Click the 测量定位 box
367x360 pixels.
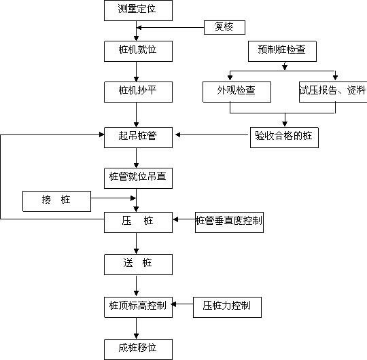138,10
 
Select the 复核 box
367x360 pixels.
224,27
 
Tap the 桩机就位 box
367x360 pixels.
138,51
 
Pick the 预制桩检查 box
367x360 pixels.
282,51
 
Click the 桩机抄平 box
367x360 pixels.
138,92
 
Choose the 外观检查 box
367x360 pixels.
237,92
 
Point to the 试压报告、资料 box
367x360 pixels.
333,92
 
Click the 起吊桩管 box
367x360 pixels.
138,137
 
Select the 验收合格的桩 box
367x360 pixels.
284,137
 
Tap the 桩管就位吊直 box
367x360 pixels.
138,178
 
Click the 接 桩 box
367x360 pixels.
56,202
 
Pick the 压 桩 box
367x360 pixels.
138,223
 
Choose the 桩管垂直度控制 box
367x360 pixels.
229,223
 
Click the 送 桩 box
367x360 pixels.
138,264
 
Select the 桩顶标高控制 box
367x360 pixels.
138,308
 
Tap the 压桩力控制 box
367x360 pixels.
227,308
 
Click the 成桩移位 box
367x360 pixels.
138,350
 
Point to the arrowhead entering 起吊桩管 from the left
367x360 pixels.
102,134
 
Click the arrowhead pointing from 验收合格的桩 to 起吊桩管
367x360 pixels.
177,134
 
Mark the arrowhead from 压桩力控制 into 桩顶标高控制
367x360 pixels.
174,304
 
